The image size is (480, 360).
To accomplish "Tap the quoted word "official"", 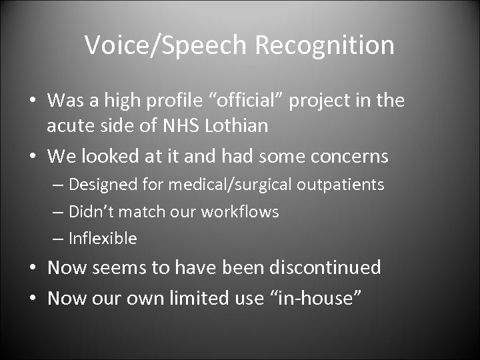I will [249, 101].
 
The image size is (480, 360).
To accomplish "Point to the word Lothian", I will [245, 125].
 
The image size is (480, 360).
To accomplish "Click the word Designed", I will [100, 184].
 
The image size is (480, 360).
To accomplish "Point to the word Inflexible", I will [103, 238].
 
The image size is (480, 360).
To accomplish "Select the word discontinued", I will [325, 268].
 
